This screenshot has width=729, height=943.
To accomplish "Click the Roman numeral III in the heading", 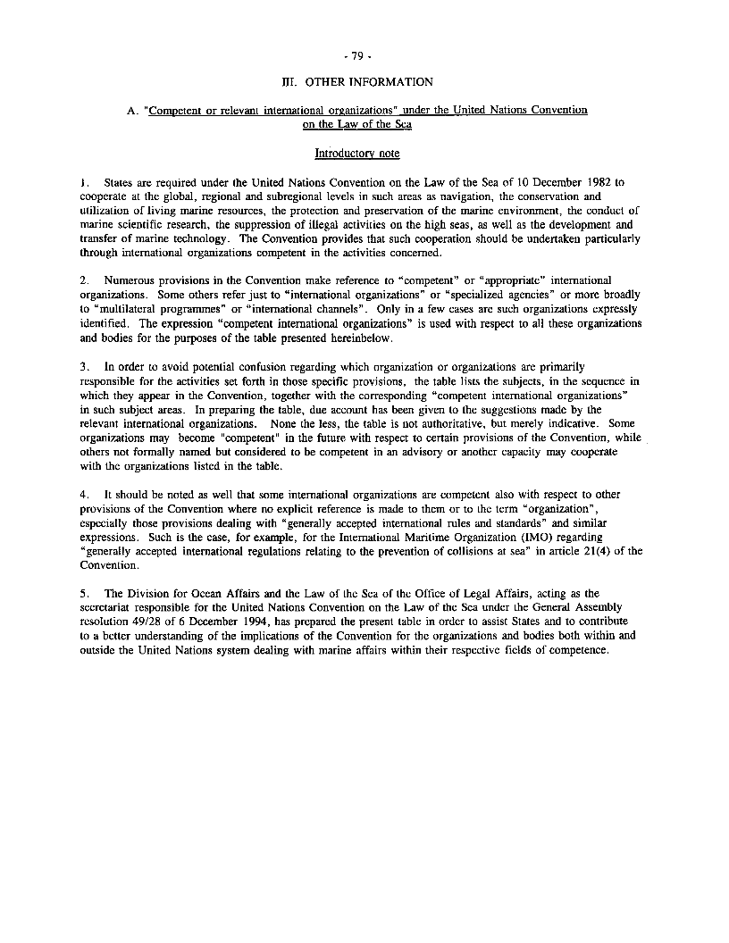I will tap(288, 82).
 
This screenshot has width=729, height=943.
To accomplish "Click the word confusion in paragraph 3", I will tap(234, 367).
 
